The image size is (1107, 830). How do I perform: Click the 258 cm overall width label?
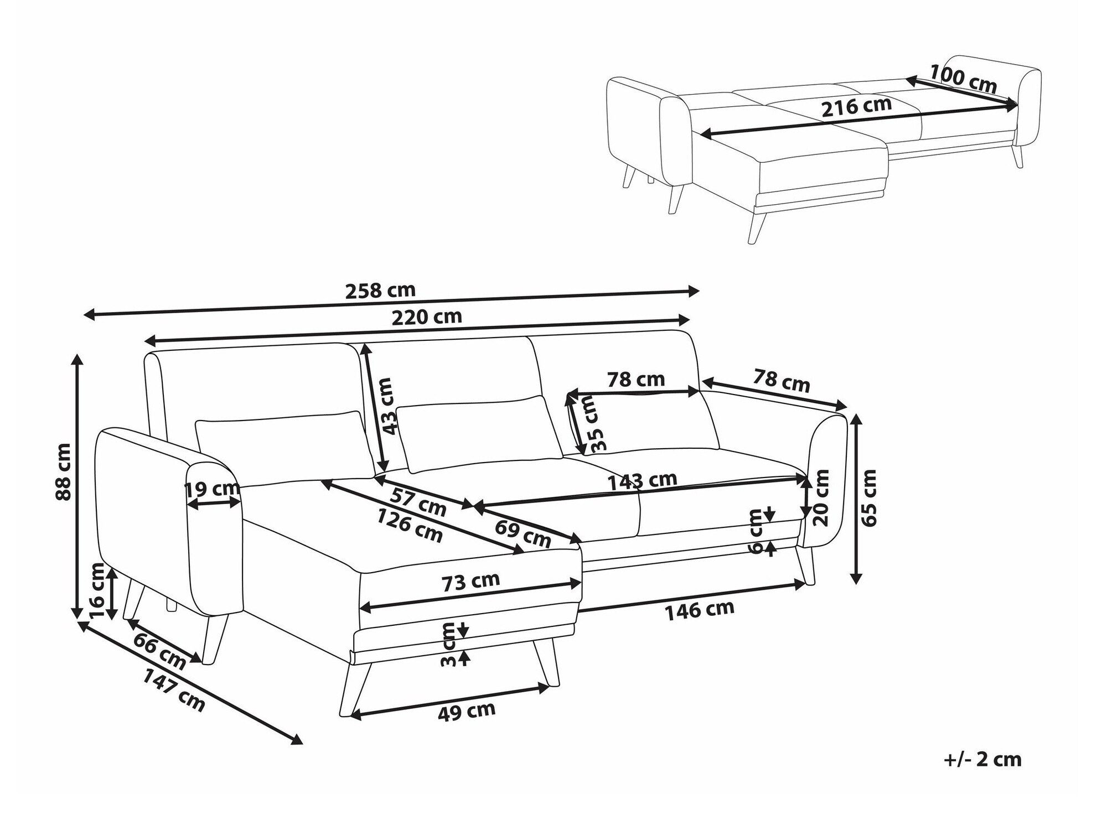point(380,290)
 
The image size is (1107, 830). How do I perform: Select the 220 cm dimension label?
point(427,317)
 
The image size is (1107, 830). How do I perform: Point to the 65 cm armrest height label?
point(870,497)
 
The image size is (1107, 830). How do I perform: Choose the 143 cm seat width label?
point(642,480)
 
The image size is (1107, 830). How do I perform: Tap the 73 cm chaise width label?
point(470,581)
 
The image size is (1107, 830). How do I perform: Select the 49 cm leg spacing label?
point(466,712)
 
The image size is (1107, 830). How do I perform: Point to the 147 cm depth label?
point(174,690)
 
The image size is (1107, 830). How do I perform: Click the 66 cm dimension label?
point(159,652)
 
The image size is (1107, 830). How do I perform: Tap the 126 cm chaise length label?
point(410,525)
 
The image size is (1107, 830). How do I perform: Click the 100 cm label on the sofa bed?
point(963,79)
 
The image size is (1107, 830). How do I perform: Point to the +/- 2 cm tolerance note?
point(982,759)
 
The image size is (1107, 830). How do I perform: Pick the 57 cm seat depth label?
point(418,502)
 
